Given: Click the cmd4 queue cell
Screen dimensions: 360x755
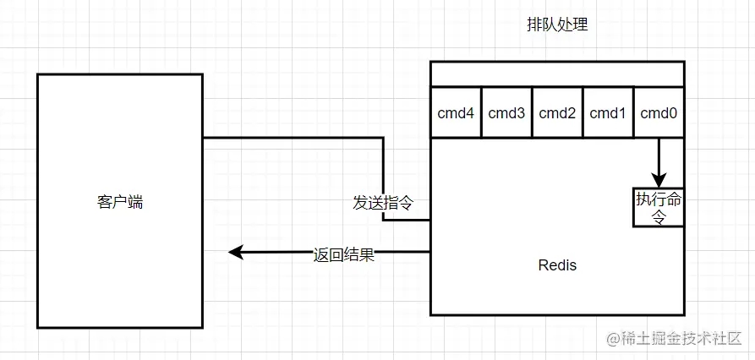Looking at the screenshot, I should pyautogui.click(x=456, y=112).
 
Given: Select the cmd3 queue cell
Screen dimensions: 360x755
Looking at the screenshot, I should pyautogui.click(x=506, y=112).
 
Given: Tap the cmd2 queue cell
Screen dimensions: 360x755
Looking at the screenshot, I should pyautogui.click(x=557, y=112).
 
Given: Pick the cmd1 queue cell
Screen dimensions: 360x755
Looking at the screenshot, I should pyautogui.click(x=608, y=112).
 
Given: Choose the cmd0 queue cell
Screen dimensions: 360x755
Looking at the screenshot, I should pyautogui.click(x=659, y=112).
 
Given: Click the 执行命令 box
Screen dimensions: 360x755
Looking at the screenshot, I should pyautogui.click(x=658, y=207).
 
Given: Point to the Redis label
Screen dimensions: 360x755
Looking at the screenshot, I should pyautogui.click(x=557, y=265).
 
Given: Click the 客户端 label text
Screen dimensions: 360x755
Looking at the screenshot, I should pyautogui.click(x=120, y=202).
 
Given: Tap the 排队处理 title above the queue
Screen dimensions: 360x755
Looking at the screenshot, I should pyautogui.click(x=557, y=25).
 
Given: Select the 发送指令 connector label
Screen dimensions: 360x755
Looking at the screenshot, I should pyautogui.click(x=383, y=203).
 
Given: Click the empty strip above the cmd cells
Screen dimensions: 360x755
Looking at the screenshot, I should pyautogui.click(x=557, y=74).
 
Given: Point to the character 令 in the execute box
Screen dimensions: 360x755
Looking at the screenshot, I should pyautogui.click(x=659, y=216).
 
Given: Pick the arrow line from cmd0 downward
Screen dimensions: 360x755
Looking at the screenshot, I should pyautogui.click(x=659, y=156).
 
